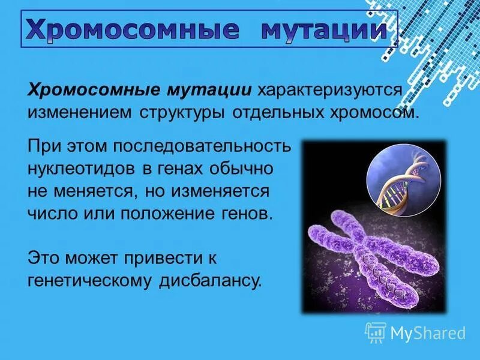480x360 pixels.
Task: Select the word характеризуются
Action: tap(329, 91)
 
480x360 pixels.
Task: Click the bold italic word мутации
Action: tap(205, 91)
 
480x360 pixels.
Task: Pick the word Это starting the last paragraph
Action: tap(45, 258)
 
